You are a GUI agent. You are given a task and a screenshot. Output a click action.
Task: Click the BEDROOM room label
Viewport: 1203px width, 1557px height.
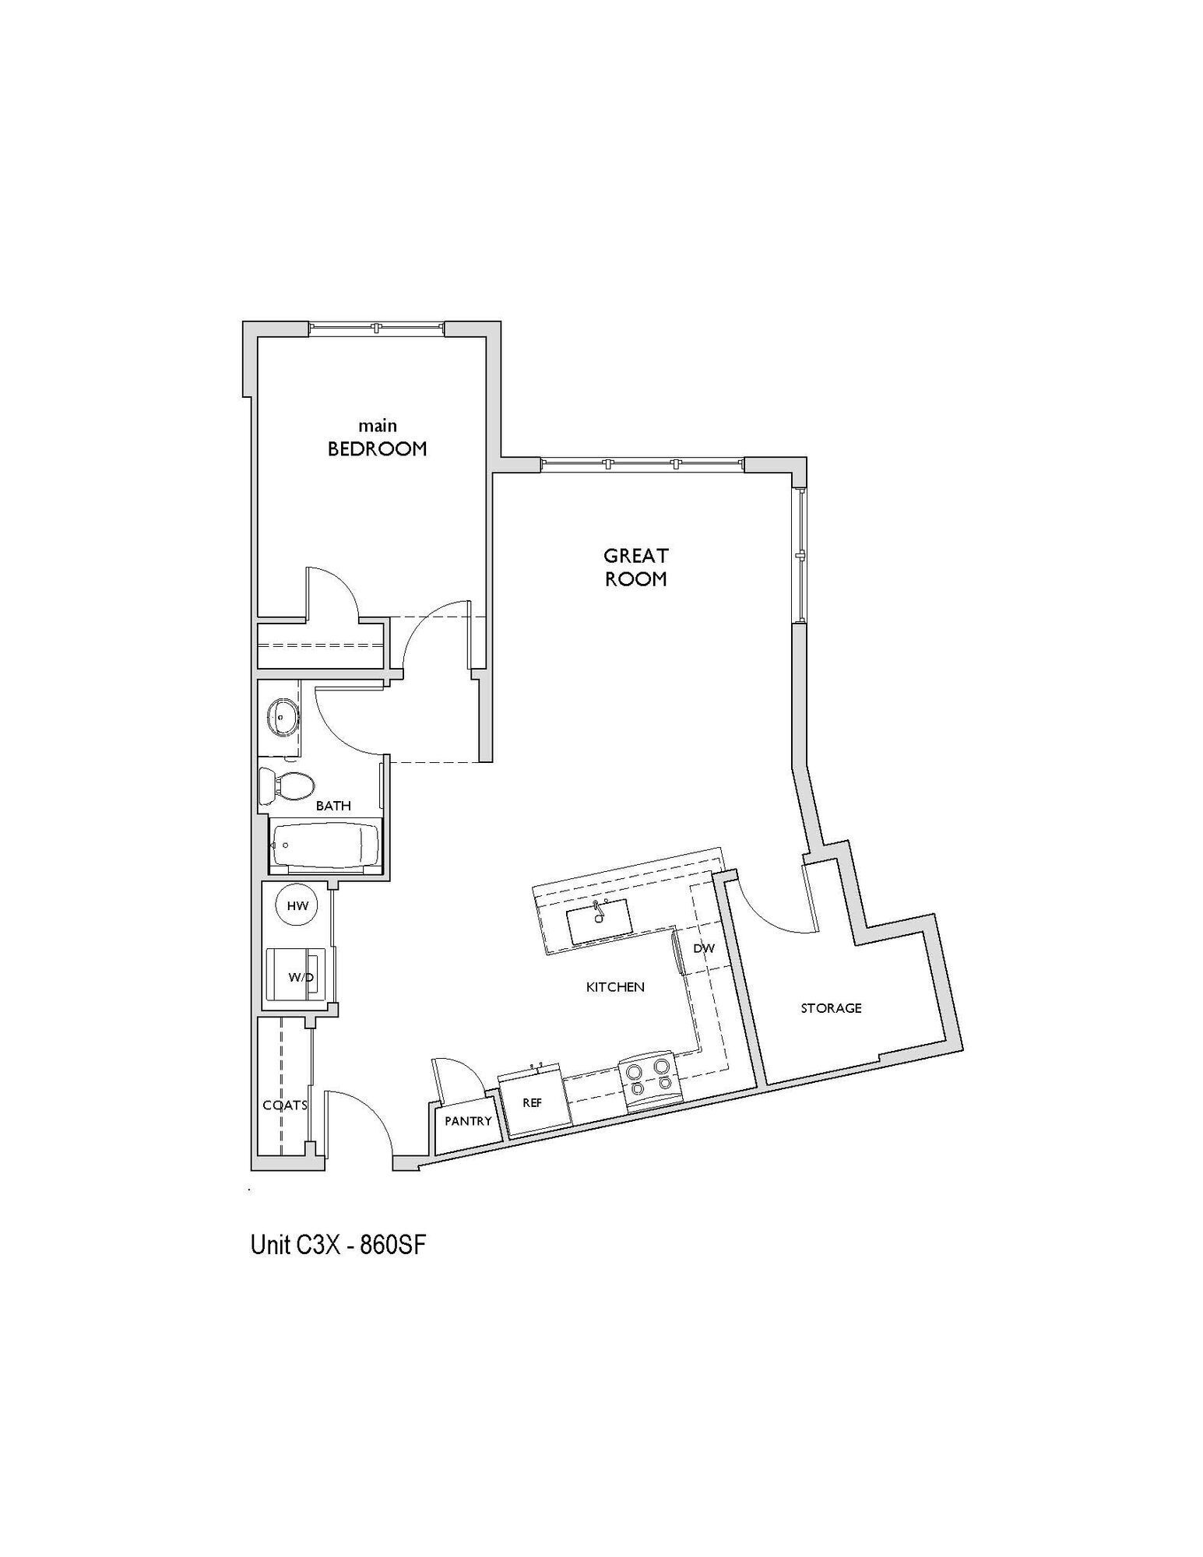click(377, 448)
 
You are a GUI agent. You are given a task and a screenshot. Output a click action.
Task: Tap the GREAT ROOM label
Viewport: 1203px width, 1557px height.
click(635, 567)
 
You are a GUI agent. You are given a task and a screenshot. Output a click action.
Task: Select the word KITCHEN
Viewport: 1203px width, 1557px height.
click(615, 986)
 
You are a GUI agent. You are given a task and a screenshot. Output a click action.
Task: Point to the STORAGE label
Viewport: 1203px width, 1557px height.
click(831, 1007)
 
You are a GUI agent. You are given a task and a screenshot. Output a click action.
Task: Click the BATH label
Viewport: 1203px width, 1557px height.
click(333, 806)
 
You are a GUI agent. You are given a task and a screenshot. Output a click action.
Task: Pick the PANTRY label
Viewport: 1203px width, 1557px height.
click(468, 1121)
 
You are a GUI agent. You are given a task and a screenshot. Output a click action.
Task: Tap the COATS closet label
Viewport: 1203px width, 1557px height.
click(284, 1105)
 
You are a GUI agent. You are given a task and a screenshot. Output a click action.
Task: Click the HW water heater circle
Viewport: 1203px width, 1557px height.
click(298, 905)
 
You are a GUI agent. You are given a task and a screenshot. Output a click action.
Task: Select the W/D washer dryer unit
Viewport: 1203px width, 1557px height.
click(299, 976)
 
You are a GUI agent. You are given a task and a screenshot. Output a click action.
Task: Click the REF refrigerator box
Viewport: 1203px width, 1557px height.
click(533, 1102)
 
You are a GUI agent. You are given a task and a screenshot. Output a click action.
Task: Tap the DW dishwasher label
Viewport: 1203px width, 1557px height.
click(703, 948)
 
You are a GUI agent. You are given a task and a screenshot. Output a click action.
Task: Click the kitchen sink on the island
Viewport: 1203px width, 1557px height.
click(599, 922)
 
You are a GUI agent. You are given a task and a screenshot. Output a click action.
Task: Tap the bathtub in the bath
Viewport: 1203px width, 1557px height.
click(324, 845)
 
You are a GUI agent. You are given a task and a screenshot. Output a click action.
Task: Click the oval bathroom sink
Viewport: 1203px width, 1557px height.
click(282, 717)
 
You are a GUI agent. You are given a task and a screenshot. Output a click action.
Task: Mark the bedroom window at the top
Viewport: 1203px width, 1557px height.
click(377, 328)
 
